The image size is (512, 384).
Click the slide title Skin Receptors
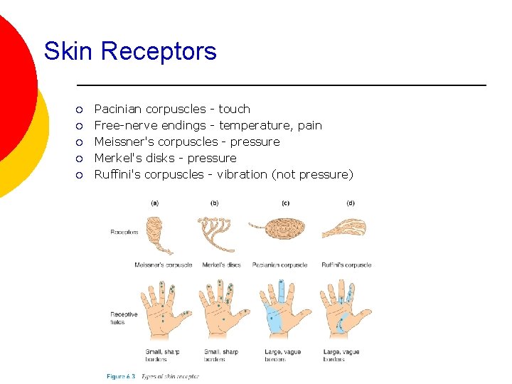click(129, 51)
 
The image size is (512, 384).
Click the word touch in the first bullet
click(234, 109)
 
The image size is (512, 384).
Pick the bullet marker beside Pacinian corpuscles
click(80, 110)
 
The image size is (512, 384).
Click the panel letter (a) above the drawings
click(155, 203)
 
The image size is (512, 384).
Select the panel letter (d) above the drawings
click(350, 203)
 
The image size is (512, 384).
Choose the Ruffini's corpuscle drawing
click(345, 229)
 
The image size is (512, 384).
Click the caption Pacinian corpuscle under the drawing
click(279, 265)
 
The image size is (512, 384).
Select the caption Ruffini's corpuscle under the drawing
click(346, 265)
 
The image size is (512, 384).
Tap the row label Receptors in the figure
click(124, 232)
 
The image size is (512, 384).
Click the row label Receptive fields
click(124, 318)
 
